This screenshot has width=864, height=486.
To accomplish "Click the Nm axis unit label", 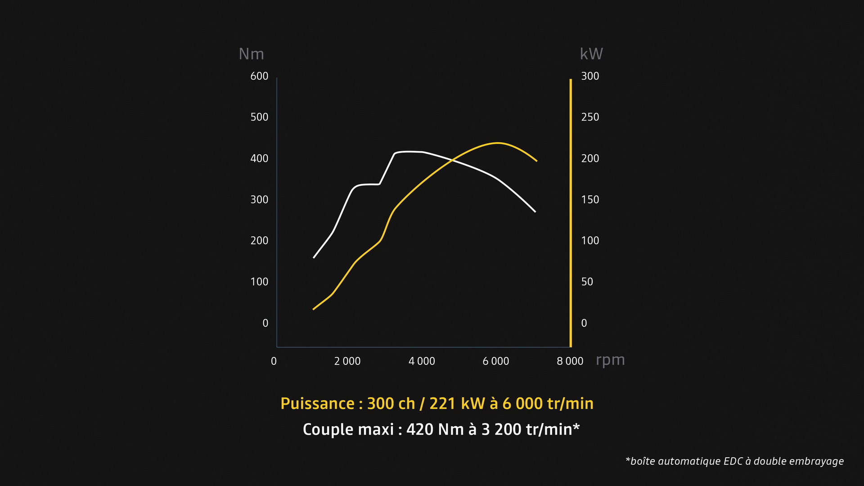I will tap(251, 54).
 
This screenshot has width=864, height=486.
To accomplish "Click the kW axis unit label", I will tap(591, 54).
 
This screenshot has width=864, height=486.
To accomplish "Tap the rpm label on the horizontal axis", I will tap(610, 360).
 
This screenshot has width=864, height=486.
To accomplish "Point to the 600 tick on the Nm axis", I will tap(259, 76).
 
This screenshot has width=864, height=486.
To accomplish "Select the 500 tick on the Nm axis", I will tap(259, 117).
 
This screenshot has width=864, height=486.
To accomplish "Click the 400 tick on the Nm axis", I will tap(259, 158).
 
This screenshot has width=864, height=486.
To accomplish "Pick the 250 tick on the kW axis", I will tap(590, 117).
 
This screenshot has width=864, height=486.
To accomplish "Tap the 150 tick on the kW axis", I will tap(590, 199).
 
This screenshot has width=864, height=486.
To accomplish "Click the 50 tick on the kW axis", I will tap(587, 282).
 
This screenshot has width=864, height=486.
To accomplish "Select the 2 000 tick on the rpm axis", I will tap(347, 361).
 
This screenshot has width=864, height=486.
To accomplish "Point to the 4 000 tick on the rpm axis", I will tap(422, 361).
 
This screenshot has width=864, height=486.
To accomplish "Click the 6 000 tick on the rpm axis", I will tap(495, 361).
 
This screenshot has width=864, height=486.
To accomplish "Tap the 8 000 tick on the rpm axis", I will tap(570, 361).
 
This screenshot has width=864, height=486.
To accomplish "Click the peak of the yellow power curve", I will tap(498, 143).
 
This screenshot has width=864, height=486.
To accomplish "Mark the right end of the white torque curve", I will tap(535, 211).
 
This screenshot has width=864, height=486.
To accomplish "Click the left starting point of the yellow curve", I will tap(314, 309).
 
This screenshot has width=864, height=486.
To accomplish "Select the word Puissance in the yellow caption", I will tap(317, 404).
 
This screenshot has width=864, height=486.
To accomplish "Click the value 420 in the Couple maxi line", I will tap(419, 430).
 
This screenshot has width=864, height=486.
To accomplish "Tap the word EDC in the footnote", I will tap(733, 461).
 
